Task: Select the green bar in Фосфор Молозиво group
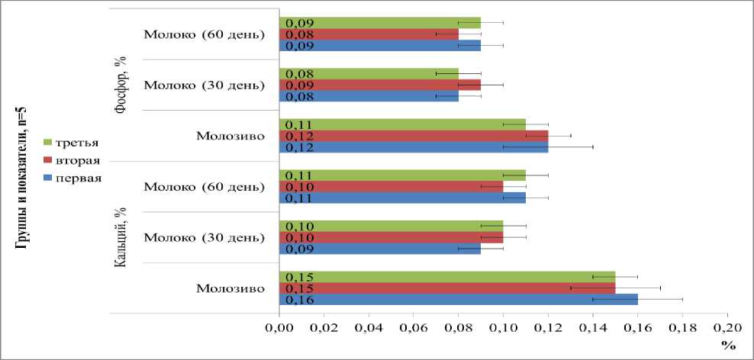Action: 412,124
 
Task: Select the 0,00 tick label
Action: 279,327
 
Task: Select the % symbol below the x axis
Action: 728,346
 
